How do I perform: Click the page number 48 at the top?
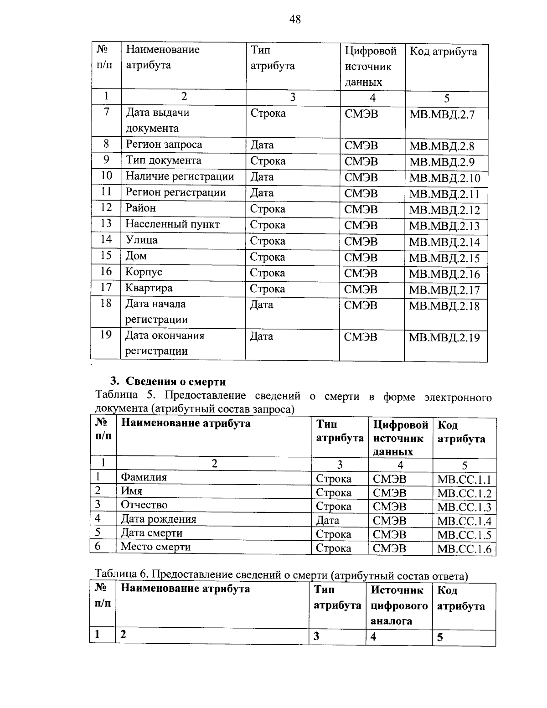pos(295,19)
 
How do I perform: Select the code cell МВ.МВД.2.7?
pos(442,114)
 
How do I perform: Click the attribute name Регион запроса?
pos(164,145)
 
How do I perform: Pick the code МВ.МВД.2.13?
pos(444,226)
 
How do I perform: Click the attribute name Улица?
pos(141,240)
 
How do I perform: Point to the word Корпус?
pos(144,272)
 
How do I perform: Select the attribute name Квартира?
pos(149,288)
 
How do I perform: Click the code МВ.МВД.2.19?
pos(444,338)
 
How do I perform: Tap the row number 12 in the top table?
pos(106,208)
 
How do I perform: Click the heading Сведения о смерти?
pos(175,382)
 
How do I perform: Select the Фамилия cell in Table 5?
pos(144,477)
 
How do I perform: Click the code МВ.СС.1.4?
pos(464,521)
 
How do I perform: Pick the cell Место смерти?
pos(155,547)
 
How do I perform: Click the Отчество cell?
pos(144,505)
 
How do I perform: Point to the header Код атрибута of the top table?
pos(443,52)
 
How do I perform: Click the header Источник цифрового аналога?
pos(399,605)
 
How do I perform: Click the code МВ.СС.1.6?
pos(464,549)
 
